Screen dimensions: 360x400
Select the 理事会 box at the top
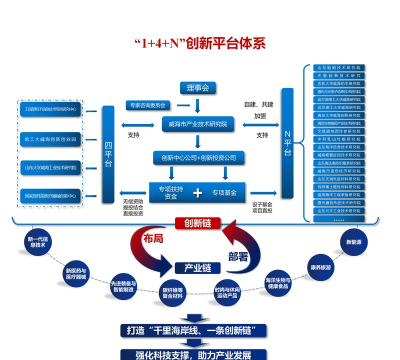point(197,89)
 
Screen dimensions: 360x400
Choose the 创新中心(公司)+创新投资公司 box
point(197,158)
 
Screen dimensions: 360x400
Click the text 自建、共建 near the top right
point(257,103)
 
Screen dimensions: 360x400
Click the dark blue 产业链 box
point(197,268)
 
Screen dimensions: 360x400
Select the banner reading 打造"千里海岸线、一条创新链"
point(197,328)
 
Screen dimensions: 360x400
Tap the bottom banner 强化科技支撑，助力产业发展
point(197,353)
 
